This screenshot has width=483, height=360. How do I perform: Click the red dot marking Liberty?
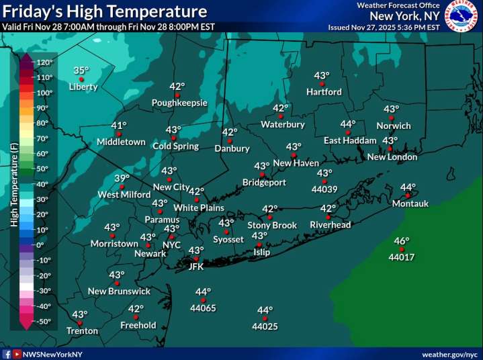(81, 79)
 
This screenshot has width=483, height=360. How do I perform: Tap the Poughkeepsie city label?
(179, 103)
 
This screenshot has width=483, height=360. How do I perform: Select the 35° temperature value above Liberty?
(81, 71)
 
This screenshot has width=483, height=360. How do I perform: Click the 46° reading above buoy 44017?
(402, 241)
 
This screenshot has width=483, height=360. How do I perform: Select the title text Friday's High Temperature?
(103, 11)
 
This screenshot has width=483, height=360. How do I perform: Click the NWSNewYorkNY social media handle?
(52, 354)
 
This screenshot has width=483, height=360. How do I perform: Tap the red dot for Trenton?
(80, 323)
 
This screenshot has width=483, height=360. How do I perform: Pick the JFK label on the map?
(195, 266)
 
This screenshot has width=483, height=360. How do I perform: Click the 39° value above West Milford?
(122, 178)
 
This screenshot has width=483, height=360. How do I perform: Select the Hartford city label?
(324, 92)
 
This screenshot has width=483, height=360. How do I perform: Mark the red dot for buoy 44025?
(265, 318)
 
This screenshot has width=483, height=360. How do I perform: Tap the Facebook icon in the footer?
(7, 354)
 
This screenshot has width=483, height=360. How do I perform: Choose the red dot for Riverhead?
(328, 217)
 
